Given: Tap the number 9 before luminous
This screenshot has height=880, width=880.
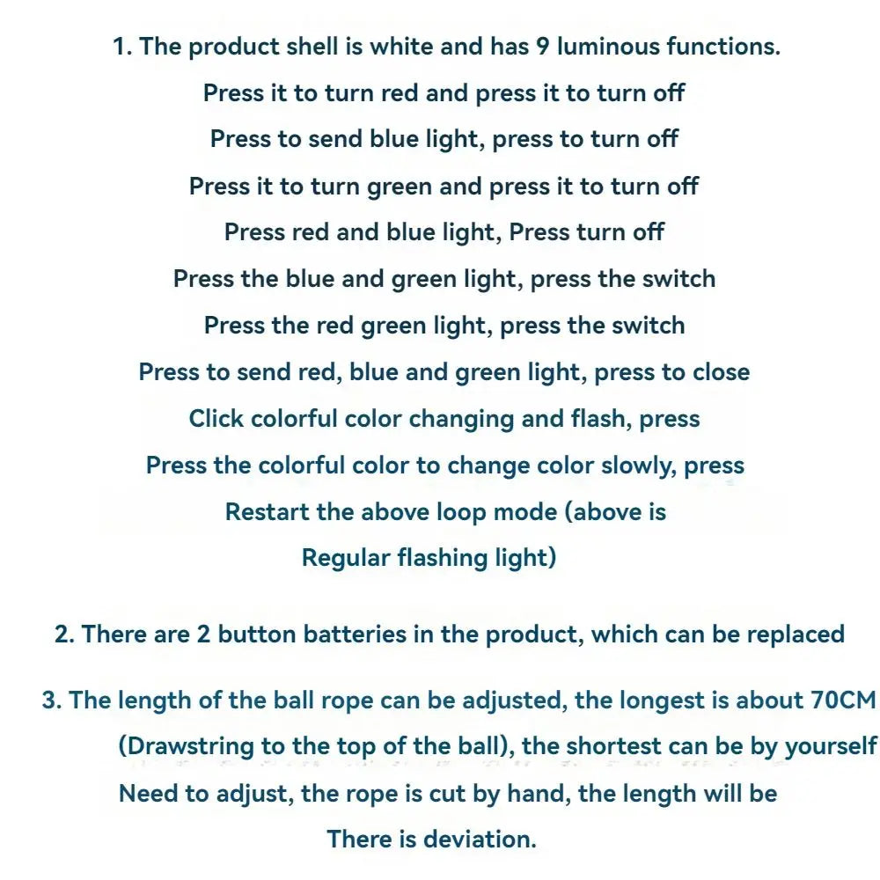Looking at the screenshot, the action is point(542,46).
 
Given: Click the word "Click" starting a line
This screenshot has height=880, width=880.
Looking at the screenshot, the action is point(216,419).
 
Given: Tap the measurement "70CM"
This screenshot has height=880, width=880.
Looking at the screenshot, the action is point(843,700).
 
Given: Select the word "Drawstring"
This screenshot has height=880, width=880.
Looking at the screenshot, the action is point(190,746).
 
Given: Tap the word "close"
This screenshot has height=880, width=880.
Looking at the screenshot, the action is point(722,372).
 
